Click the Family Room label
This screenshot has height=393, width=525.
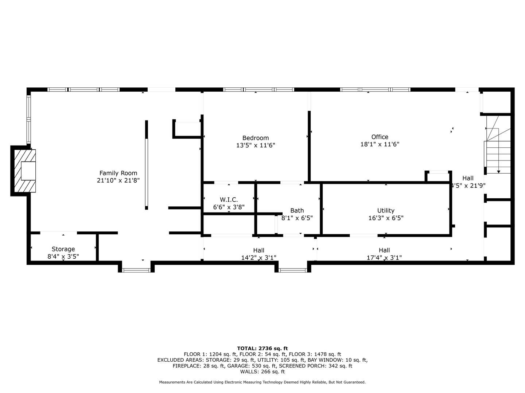click(x=118, y=173)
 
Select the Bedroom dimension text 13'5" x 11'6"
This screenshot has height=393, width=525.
click(x=256, y=145)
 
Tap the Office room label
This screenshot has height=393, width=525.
click(x=380, y=137)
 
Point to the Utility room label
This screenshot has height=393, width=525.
click(x=386, y=210)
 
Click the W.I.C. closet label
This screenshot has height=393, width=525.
click(x=229, y=199)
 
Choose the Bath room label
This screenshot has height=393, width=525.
click(x=297, y=210)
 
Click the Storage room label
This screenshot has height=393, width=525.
click(x=63, y=249)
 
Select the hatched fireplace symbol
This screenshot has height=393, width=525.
click(x=24, y=171)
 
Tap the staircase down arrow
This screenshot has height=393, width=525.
click(x=498, y=171)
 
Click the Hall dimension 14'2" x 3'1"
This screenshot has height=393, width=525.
click(x=258, y=258)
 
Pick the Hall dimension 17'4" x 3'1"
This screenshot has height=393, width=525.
click(x=384, y=258)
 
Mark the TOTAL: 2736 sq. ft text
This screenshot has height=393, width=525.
click(x=262, y=348)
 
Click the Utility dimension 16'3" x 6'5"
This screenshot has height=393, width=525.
click(x=386, y=218)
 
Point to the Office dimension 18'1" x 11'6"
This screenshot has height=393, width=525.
click(x=380, y=144)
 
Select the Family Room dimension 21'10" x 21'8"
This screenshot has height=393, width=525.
click(x=118, y=180)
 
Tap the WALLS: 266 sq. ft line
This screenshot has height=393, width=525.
click(x=262, y=372)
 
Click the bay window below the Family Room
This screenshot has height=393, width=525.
click(x=136, y=270)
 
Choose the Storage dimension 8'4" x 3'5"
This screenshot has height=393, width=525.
click(x=63, y=256)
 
